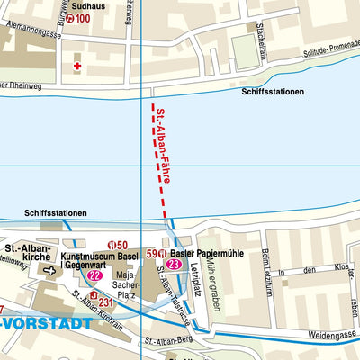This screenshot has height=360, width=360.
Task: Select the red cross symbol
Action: [x=77, y=67]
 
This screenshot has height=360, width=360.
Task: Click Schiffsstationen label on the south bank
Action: [x=56, y=213]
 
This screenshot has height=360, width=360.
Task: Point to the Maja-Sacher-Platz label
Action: [x=131, y=286]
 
